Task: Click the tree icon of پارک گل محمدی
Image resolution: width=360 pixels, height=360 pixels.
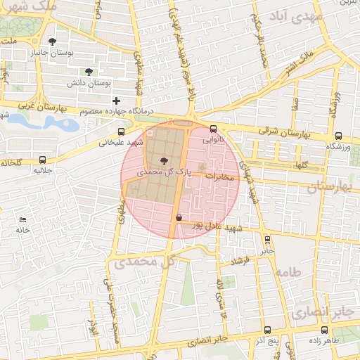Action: tap(165, 161)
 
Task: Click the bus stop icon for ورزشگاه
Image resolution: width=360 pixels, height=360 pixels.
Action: tap(338, 136)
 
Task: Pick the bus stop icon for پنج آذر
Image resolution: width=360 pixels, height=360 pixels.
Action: tap(266, 330)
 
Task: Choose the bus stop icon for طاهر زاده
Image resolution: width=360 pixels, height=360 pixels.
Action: tap(324, 330)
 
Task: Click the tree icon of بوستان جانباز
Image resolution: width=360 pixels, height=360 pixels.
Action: tap(52, 42)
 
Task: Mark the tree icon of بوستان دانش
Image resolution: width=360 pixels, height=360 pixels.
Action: tap(88, 72)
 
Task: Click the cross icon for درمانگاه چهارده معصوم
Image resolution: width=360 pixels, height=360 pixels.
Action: tap(116, 101)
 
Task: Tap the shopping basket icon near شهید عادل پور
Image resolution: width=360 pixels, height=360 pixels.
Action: tap(179, 218)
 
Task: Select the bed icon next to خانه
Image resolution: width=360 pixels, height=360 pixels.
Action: tap(23, 220)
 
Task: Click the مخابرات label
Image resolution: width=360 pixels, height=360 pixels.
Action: tap(219, 176)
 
